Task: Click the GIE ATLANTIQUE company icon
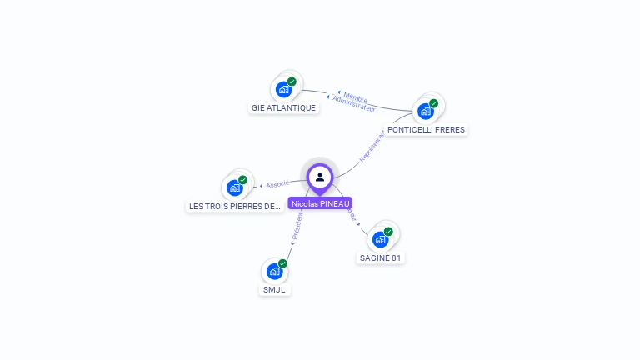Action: [283, 89]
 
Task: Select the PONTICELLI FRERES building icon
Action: [426, 111]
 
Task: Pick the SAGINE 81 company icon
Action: [380, 239]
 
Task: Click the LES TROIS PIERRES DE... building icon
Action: [234, 187]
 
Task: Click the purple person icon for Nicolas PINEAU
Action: [320, 177]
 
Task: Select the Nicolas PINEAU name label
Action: [320, 203]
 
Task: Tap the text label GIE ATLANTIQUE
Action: [283, 108]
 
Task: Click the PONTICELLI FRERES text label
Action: [426, 130]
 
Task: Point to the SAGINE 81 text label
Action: [380, 258]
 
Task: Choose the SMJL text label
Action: [274, 290]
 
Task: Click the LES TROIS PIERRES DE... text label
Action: [234, 207]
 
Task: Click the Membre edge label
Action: [356, 97]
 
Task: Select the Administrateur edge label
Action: [353, 104]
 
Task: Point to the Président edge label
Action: [297, 225]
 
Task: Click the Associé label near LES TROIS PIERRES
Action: [277, 183]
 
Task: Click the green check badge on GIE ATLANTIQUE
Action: [292, 82]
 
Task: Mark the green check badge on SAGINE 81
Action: [388, 232]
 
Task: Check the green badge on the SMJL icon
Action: [282, 263]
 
